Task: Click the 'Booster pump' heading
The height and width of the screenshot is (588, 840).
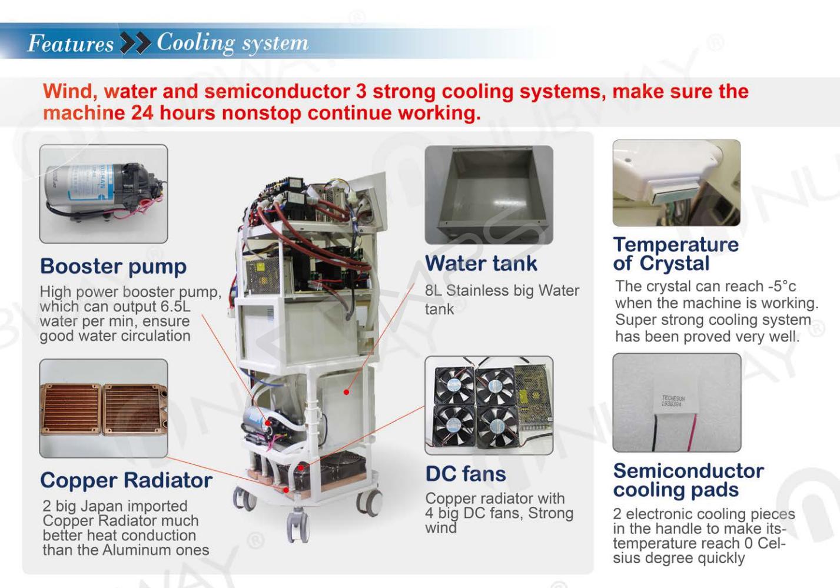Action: (113, 267)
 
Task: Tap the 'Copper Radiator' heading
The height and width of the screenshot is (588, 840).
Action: (127, 480)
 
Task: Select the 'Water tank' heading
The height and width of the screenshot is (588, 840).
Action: (481, 263)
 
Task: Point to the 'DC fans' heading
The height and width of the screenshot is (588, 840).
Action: (466, 474)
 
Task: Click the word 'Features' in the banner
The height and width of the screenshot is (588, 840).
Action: (71, 43)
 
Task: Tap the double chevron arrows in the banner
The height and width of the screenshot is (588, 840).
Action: (136, 43)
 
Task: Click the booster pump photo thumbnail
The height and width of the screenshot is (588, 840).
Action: (104, 194)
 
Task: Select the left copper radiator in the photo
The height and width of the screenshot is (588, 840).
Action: (71, 409)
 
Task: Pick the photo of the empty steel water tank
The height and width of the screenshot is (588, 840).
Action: (489, 195)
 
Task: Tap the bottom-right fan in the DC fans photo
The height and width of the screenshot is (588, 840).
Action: (497, 427)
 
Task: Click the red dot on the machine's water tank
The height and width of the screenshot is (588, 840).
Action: (347, 392)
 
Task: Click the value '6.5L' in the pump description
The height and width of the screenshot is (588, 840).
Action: (175, 307)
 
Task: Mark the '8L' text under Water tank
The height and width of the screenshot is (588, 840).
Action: (433, 291)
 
